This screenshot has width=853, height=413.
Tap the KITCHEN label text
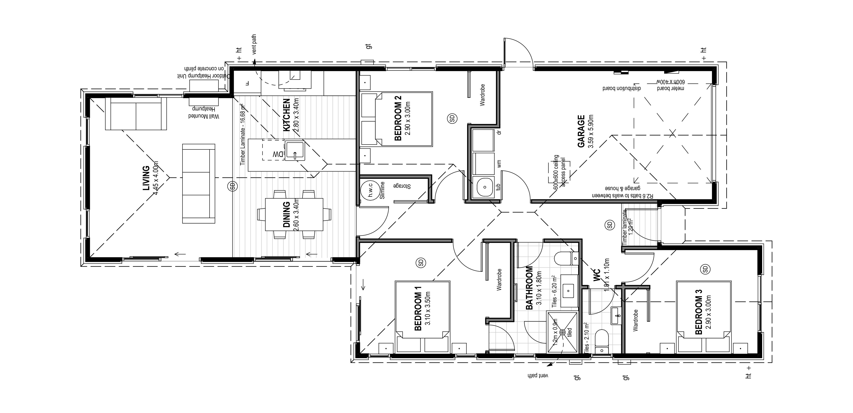click(286, 115)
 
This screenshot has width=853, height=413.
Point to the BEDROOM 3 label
click(699, 312)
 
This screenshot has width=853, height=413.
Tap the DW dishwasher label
click(278, 154)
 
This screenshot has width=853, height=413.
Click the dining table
click(294, 214)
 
